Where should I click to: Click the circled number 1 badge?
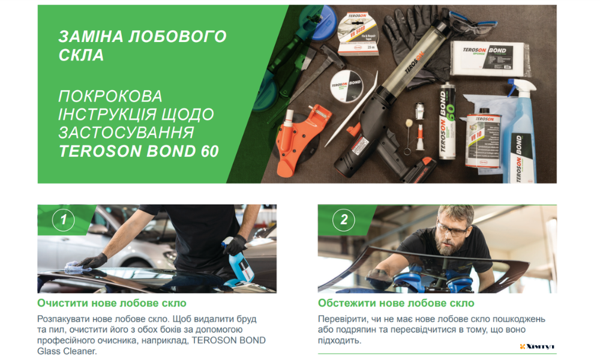(64, 220)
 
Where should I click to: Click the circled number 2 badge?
(344, 220)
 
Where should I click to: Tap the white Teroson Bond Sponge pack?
(490, 58)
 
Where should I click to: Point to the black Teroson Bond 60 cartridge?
(446, 122)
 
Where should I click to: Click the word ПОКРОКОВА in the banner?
(110, 96)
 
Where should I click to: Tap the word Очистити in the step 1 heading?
(61, 303)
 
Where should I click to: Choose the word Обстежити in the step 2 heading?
(346, 303)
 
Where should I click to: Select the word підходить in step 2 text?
(340, 341)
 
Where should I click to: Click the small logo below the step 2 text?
(537, 346)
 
